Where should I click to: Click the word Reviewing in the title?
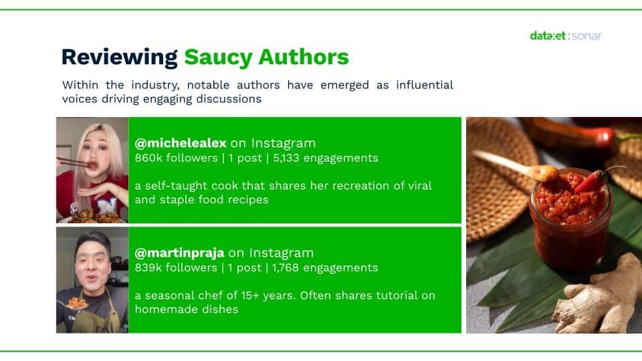pos(119,57)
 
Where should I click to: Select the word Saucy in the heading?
pos(218,57)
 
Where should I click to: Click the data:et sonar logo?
pos(566,35)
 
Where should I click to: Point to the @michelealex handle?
pos(181,143)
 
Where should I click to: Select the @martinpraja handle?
pos(179,253)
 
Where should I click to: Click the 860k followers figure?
pos(176,158)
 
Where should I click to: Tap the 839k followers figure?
pos(176,267)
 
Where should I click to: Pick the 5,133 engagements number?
pos(326,158)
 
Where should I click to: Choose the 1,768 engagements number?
pos(325,267)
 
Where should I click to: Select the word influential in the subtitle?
pos(425,85)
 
